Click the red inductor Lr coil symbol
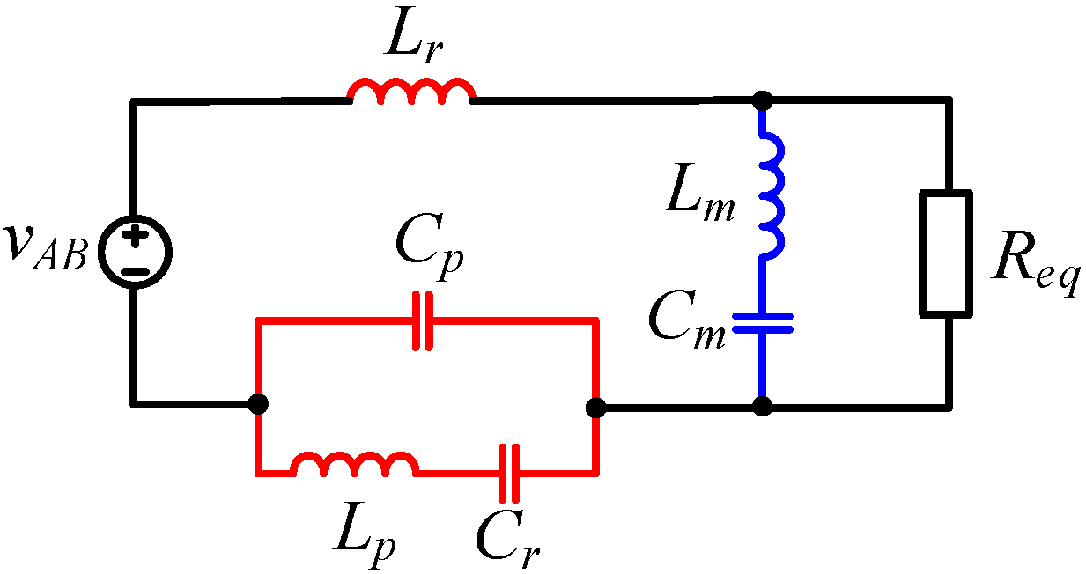(x=411, y=92)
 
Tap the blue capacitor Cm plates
(x=763, y=323)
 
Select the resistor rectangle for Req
(x=947, y=254)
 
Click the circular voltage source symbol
(x=135, y=252)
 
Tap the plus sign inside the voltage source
(x=135, y=237)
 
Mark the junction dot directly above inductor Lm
(x=763, y=100)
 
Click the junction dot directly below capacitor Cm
(x=763, y=407)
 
